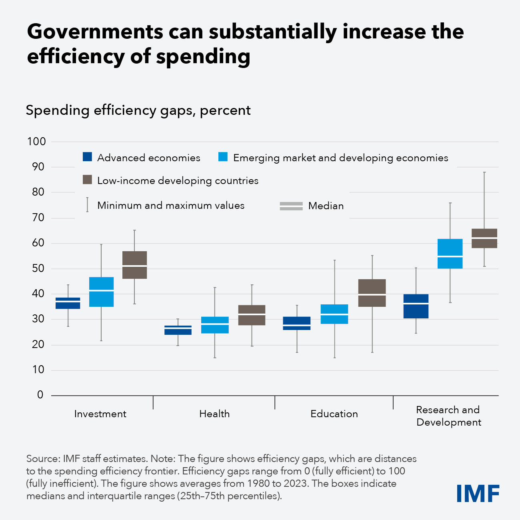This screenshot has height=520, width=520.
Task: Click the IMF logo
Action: (478, 493)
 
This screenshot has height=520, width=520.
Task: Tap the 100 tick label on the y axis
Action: (36, 142)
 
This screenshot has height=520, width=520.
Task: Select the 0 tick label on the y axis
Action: (40, 395)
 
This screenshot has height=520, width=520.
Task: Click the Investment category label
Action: (100, 414)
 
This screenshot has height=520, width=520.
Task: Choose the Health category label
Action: (214, 414)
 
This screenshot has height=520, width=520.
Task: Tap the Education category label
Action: (334, 414)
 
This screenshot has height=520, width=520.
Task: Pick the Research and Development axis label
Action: (448, 416)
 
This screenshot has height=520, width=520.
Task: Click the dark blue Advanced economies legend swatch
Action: (87, 157)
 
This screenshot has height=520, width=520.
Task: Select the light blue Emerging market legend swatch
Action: (223, 157)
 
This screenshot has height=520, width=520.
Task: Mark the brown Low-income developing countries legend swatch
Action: (87, 180)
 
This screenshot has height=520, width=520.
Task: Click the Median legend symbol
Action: (291, 206)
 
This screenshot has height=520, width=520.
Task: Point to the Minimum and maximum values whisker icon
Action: (87, 204)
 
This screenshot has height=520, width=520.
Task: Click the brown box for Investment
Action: (134, 265)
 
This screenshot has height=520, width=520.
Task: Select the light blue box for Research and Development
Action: (450, 254)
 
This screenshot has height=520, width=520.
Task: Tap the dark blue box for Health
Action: (178, 330)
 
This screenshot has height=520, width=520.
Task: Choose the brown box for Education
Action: (372, 293)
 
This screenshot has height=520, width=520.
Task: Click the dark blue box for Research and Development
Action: (416, 306)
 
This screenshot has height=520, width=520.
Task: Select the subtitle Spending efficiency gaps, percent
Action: (138, 110)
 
